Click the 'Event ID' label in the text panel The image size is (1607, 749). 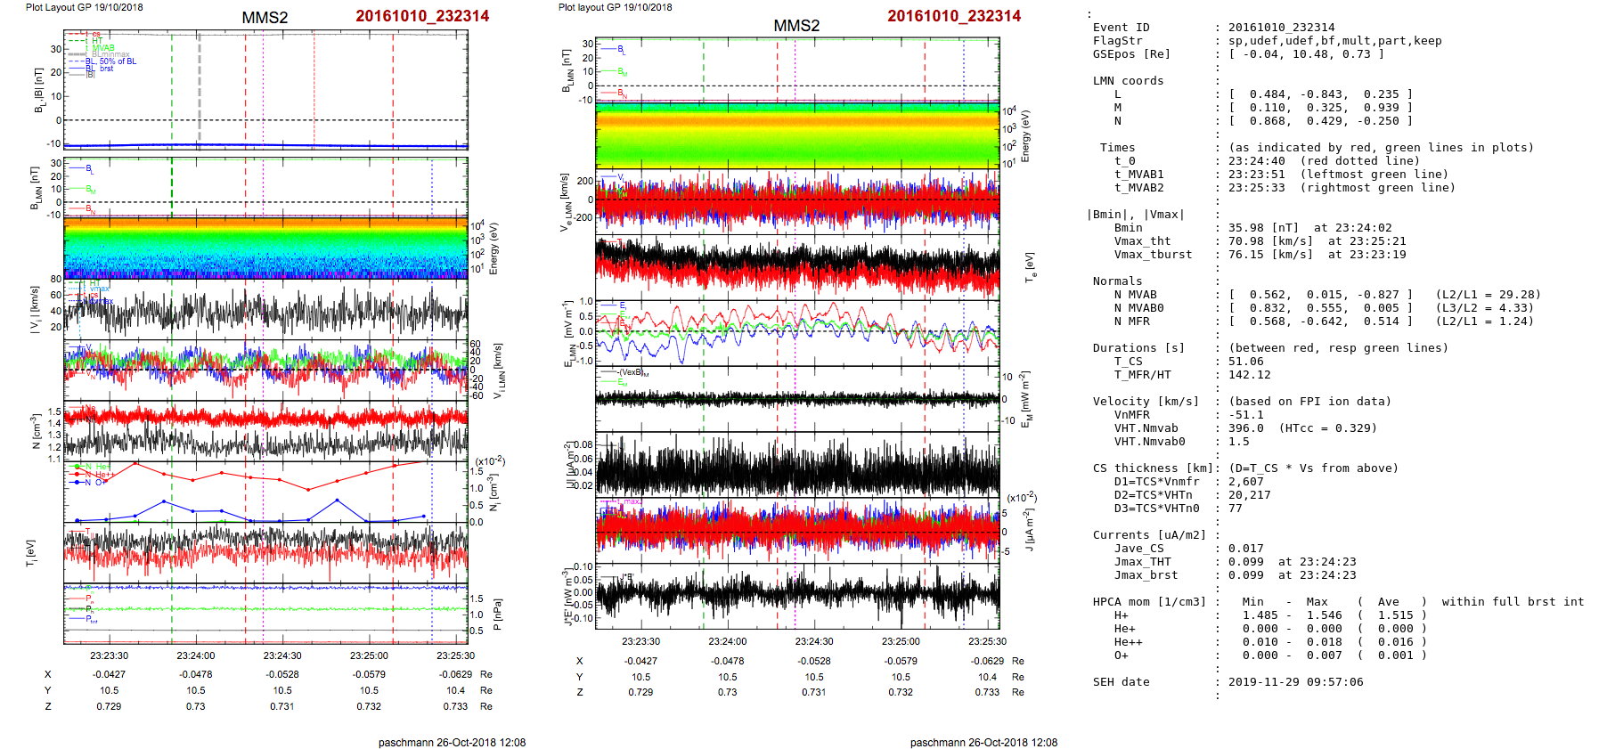coord(1121,28)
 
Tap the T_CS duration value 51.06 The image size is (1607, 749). coord(1245,362)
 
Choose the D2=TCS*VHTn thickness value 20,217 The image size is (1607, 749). coord(1249,495)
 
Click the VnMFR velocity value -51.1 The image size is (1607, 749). coord(1245,415)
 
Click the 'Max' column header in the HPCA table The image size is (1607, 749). coord(1317,602)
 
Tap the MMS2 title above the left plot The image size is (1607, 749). coord(265,18)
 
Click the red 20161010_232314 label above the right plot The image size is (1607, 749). coord(953,16)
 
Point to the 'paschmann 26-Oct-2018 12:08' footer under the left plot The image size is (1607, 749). coord(452,742)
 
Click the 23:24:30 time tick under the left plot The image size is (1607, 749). coord(282,655)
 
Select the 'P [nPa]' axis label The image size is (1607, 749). coord(497,615)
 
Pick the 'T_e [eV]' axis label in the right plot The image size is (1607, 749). coord(1030,267)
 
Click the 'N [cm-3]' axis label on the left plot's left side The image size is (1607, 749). coord(36,431)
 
